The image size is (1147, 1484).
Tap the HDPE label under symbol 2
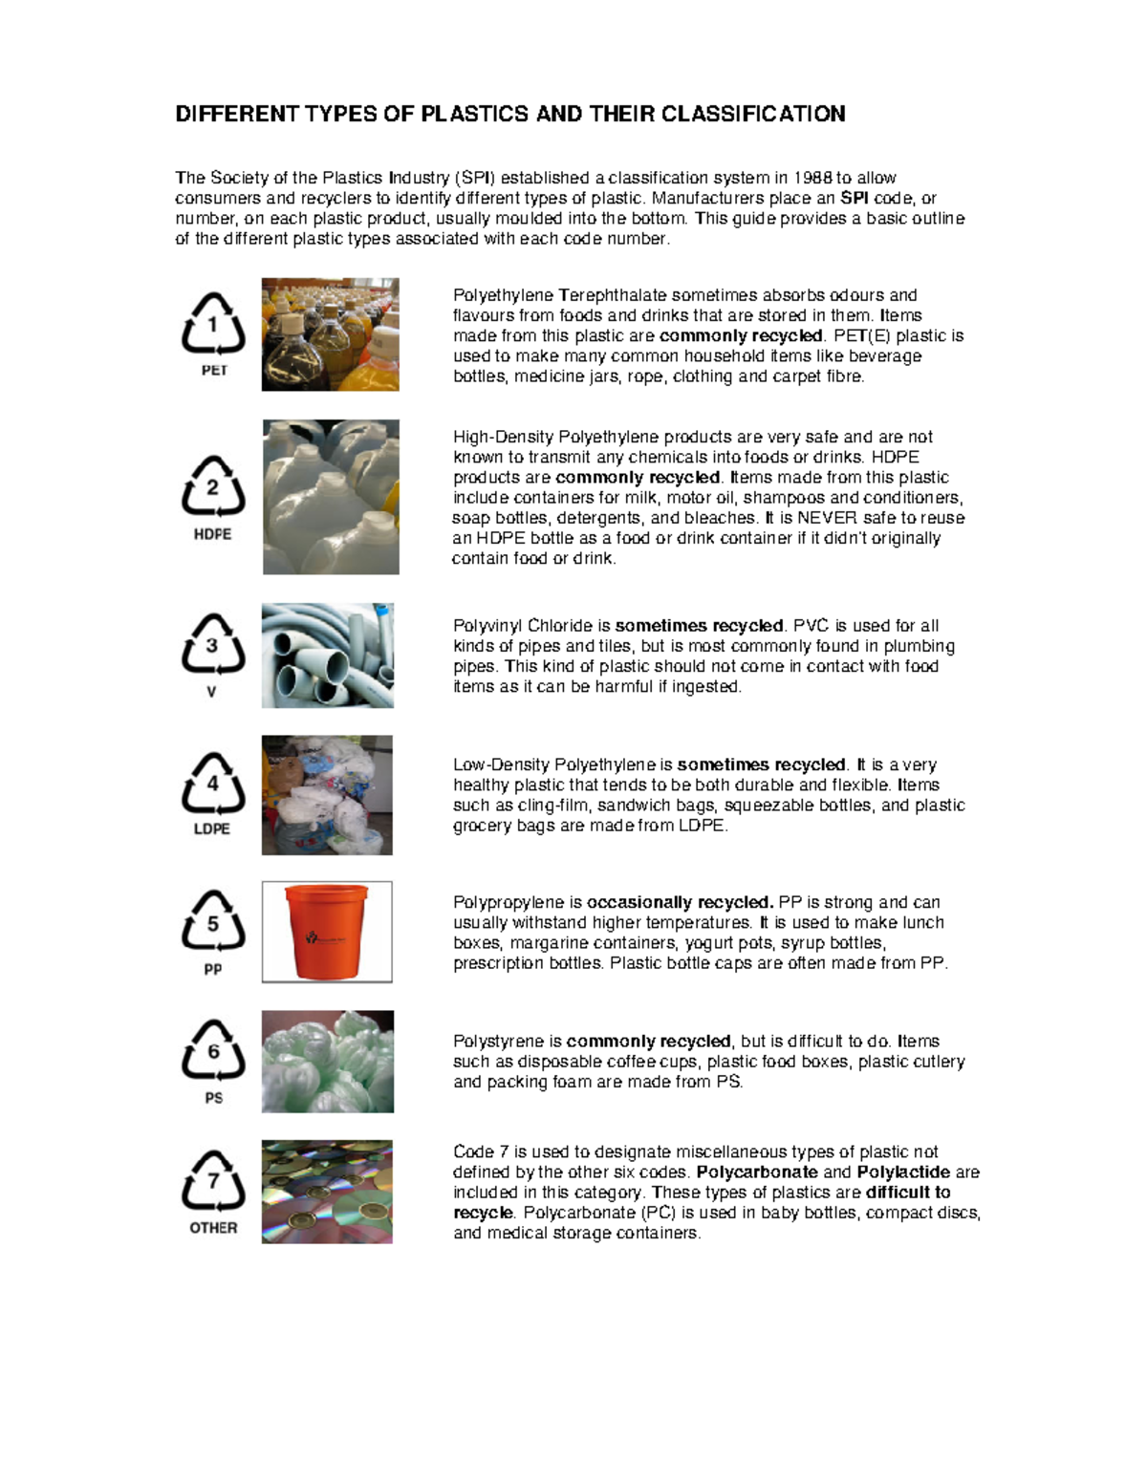212,534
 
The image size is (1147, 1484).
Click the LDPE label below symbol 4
212,828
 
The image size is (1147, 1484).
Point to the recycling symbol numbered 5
213,922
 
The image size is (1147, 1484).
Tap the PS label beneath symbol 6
213,1098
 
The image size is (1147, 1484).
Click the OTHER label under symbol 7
213,1228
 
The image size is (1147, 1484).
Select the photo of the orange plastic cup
327,932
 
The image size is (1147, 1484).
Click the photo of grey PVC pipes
328,656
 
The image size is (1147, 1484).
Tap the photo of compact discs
327,1192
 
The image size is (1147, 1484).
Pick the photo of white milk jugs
331,497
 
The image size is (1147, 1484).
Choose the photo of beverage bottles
330,334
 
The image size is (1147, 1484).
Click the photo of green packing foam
328,1062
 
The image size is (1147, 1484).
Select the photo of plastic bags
327,795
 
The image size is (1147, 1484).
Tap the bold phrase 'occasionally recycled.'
680,902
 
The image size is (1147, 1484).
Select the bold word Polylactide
903,1172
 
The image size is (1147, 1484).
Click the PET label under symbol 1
214,371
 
